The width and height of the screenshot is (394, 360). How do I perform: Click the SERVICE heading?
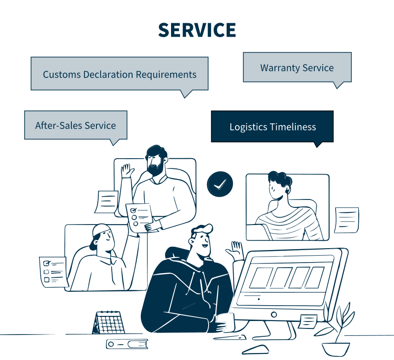coord(197,30)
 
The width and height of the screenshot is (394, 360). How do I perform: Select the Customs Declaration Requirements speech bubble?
coord(120,74)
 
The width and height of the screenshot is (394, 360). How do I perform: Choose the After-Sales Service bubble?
coord(76,125)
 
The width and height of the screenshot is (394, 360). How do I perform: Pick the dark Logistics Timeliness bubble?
coord(273,127)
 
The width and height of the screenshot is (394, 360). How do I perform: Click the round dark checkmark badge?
coord(220,184)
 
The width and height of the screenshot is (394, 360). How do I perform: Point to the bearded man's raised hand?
coord(127,171)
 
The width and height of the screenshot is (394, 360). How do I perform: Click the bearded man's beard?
coord(156,168)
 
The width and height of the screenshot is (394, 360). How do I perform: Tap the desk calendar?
coord(108,322)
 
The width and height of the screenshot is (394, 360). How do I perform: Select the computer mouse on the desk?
coord(255,349)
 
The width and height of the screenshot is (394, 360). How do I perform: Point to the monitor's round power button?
coord(274,315)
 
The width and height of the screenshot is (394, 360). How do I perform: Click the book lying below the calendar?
coord(127,344)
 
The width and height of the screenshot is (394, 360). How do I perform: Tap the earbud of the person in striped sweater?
coord(287,191)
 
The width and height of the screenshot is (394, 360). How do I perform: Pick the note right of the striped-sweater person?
coord(347,220)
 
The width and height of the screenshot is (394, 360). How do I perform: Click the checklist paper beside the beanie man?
coord(54,272)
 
